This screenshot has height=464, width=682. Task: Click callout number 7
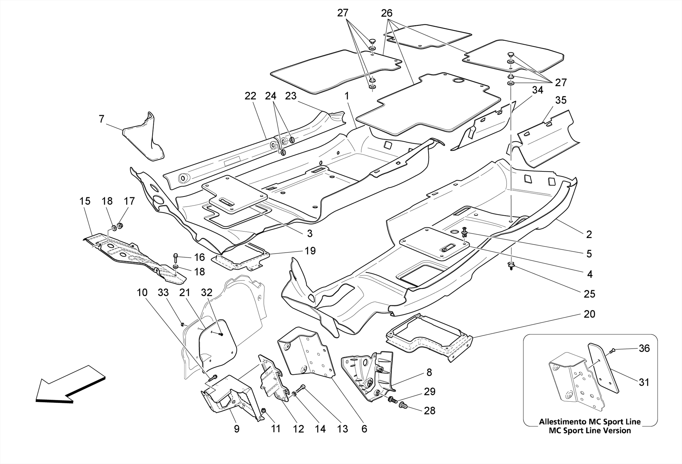102,119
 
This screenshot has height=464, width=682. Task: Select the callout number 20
589,314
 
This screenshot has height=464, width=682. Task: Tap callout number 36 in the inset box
644,348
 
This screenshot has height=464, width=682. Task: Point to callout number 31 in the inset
644,382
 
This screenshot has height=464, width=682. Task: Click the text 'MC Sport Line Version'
589,430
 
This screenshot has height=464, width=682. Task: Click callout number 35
561,100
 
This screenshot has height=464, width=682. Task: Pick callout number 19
310,251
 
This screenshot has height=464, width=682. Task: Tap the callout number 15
85,201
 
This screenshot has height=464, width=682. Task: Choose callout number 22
250,96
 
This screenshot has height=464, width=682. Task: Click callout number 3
310,234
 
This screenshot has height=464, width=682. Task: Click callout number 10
142,293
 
